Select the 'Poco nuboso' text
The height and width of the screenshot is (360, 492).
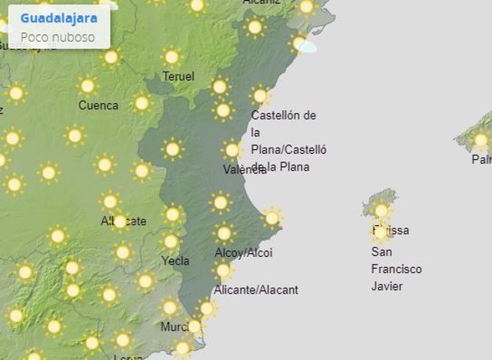[x=58, y=36]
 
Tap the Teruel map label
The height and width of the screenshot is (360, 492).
[x=178, y=76]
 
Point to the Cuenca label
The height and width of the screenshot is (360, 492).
[x=98, y=105]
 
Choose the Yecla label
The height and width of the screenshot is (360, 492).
[x=175, y=261]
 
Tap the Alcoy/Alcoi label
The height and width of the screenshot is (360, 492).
[x=244, y=252]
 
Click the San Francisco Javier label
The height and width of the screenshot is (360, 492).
[x=397, y=269]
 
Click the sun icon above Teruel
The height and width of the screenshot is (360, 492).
[x=171, y=57]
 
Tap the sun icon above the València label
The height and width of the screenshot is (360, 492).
[x=232, y=149]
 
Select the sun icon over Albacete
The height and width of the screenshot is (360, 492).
[x=119, y=221]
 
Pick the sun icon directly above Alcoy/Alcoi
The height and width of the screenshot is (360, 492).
[x=224, y=232]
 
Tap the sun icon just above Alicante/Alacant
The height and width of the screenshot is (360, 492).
[x=223, y=270]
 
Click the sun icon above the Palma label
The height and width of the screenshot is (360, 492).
[x=480, y=141]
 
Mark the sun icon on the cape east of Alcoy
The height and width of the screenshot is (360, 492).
[x=271, y=218]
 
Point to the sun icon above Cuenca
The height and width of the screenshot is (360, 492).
[x=88, y=85]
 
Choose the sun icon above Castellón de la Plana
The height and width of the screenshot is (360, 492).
[x=261, y=95]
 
